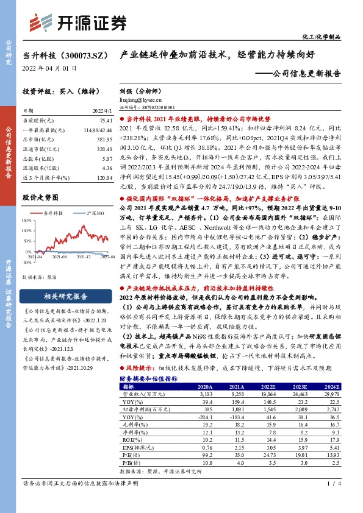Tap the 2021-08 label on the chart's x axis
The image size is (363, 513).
click(x=59, y=258)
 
